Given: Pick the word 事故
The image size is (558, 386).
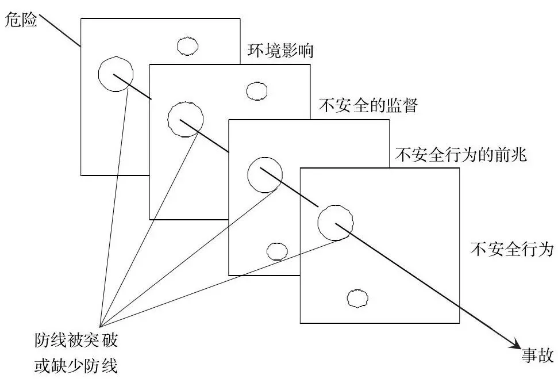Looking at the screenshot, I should click(x=536, y=356).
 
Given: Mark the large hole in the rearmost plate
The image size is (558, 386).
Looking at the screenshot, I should click(x=116, y=74).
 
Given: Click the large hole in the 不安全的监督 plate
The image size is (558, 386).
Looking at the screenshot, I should click(x=185, y=120).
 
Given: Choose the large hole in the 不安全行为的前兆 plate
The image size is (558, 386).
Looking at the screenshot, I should click(x=265, y=173).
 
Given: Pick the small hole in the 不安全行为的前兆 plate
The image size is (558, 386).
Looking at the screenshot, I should click(x=278, y=251).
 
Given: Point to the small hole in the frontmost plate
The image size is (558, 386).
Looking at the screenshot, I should click(x=357, y=298).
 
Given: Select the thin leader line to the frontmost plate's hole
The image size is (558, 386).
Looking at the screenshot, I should click(x=218, y=281).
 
